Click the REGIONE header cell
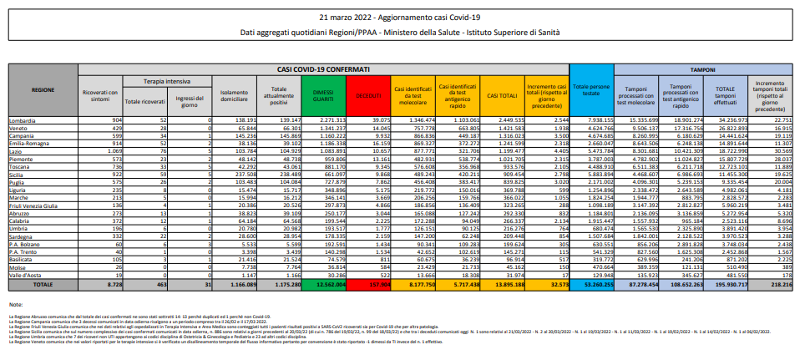[43, 89]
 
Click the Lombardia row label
[23, 121]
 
